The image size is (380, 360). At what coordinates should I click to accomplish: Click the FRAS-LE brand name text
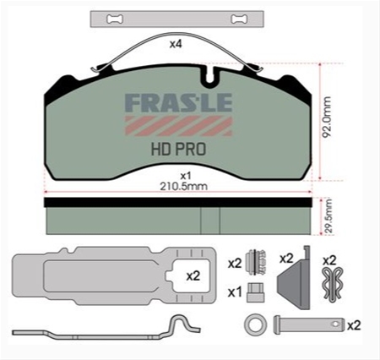pos(178,103)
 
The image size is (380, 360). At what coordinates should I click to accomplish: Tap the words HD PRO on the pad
pos(178,149)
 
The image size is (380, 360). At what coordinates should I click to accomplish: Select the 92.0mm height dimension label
pos(327,117)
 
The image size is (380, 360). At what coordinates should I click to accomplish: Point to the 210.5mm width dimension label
pos(183,186)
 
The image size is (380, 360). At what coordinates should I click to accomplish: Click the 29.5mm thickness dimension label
pos(328,216)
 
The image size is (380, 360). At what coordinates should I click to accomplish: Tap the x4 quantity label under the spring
pos(176,44)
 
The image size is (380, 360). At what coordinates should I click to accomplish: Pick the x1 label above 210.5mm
pos(186,176)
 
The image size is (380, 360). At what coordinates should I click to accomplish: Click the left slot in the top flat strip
pos(115,19)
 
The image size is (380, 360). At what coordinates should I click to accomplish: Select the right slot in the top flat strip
pos(240,19)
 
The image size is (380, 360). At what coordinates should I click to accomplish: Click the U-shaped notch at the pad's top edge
pos(210,75)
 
